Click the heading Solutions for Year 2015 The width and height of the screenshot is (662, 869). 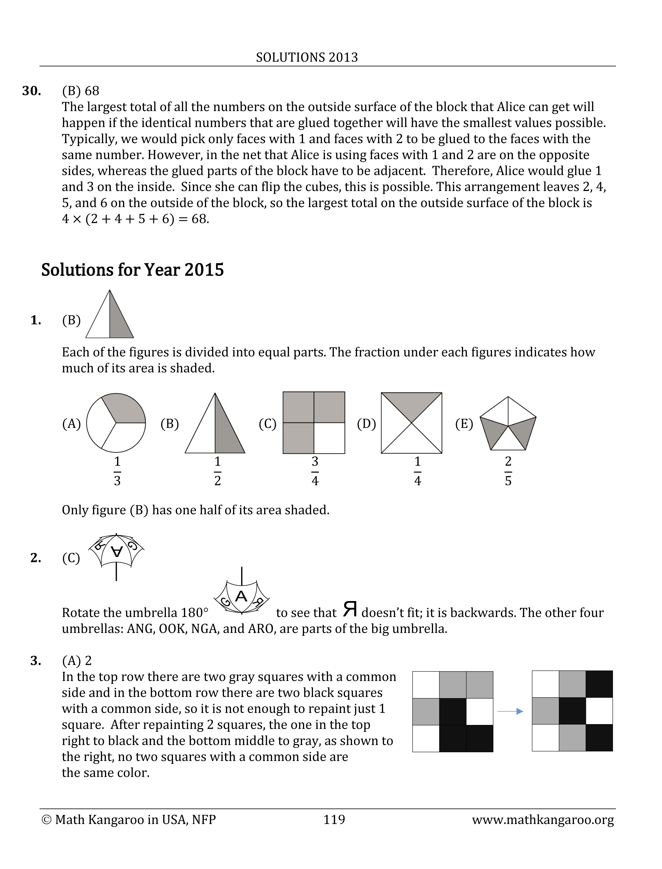click(x=132, y=270)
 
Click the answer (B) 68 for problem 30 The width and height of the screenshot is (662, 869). click(x=81, y=91)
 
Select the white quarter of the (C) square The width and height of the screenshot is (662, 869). click(x=329, y=438)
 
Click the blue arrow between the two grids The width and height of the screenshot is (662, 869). click(x=510, y=711)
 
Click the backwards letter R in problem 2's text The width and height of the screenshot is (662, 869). click(x=350, y=610)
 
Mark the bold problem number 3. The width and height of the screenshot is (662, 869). click(x=36, y=661)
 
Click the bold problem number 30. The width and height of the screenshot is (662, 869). click(x=32, y=91)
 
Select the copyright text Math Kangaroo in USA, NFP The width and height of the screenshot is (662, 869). click(x=129, y=820)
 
